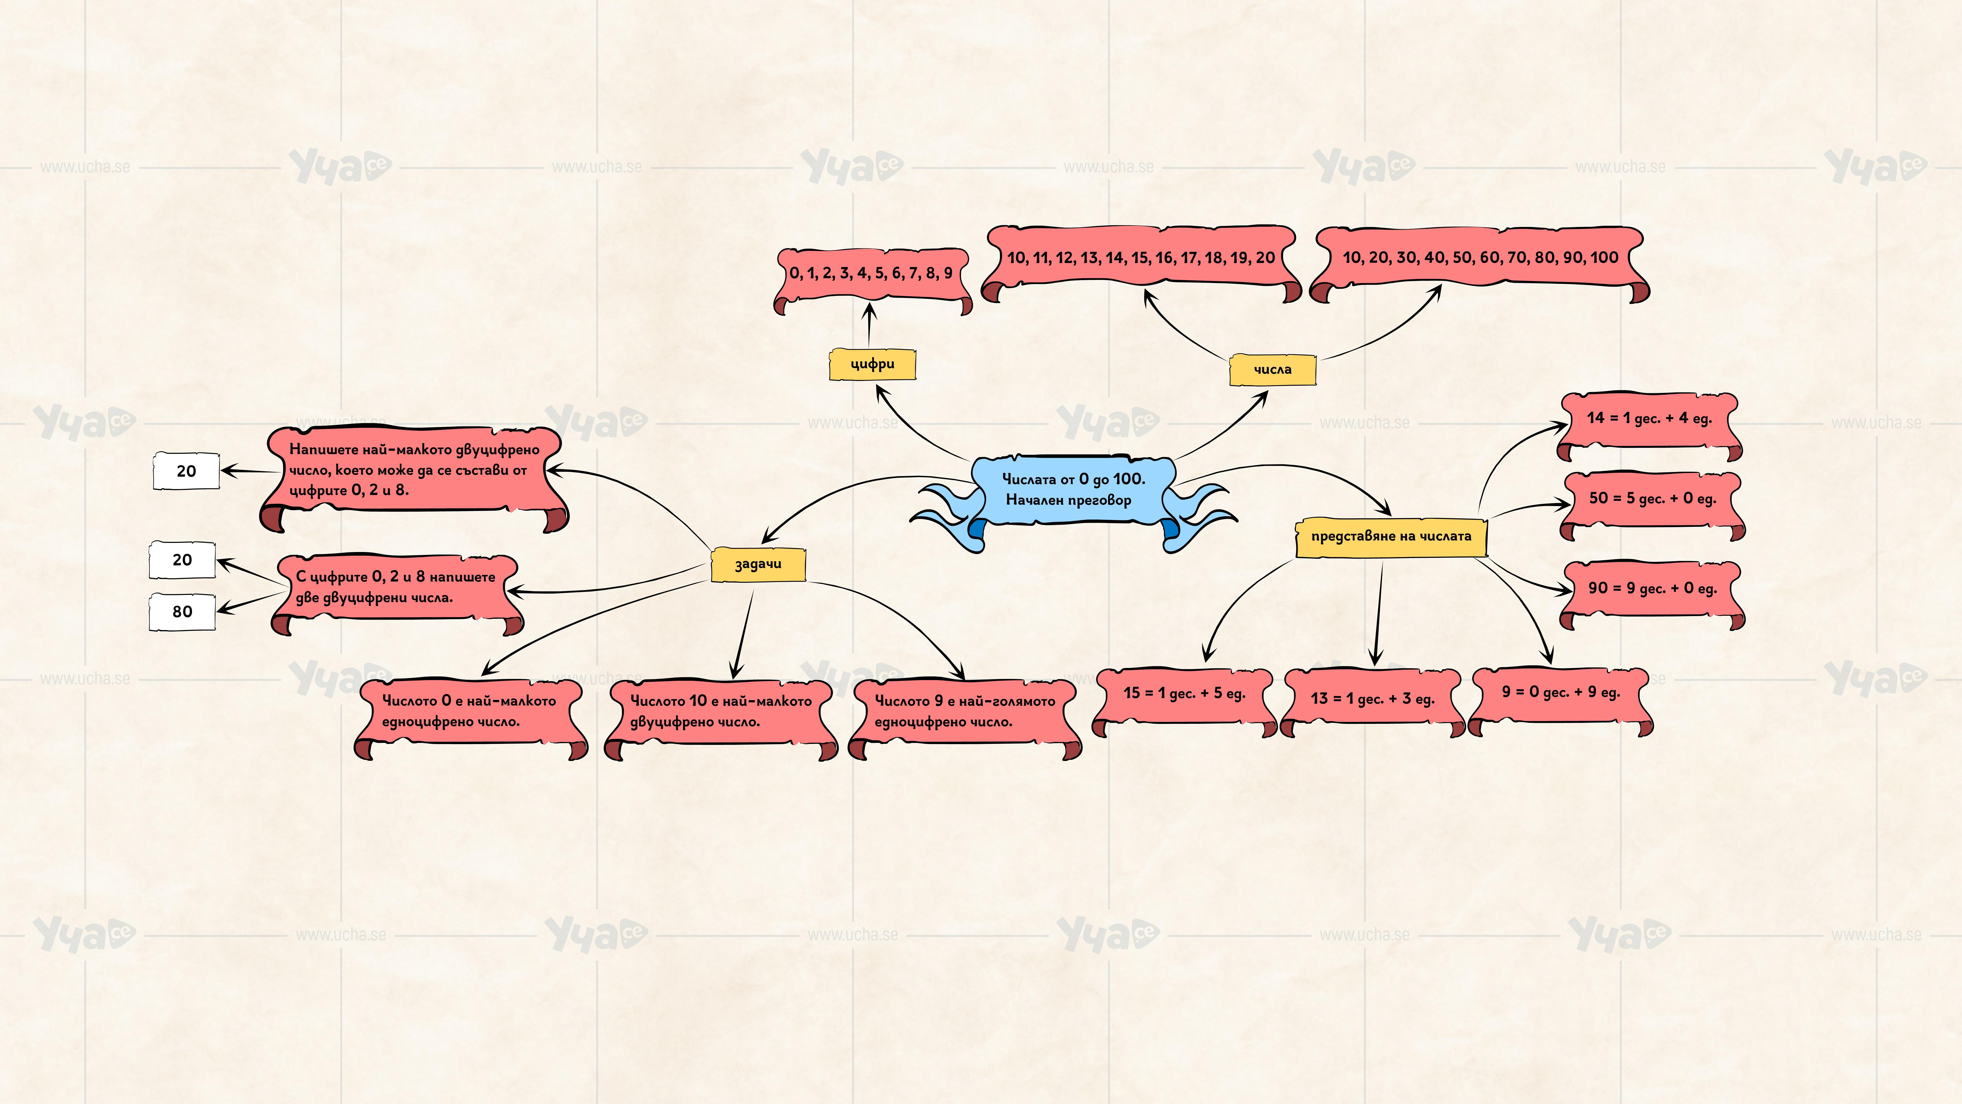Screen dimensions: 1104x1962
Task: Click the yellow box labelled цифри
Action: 872,364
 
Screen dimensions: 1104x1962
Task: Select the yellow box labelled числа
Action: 1272,370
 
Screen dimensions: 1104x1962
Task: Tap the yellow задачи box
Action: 758,565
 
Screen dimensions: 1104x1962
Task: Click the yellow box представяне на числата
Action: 1391,536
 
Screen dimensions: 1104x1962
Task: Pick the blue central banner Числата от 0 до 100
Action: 1072,490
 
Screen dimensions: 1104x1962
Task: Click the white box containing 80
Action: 182,612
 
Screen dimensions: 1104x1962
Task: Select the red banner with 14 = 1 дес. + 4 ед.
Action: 1649,418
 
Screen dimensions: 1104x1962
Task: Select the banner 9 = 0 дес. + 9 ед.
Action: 1561,693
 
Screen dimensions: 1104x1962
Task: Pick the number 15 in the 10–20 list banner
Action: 1140,258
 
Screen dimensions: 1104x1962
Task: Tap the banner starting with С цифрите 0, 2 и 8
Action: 396,588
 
